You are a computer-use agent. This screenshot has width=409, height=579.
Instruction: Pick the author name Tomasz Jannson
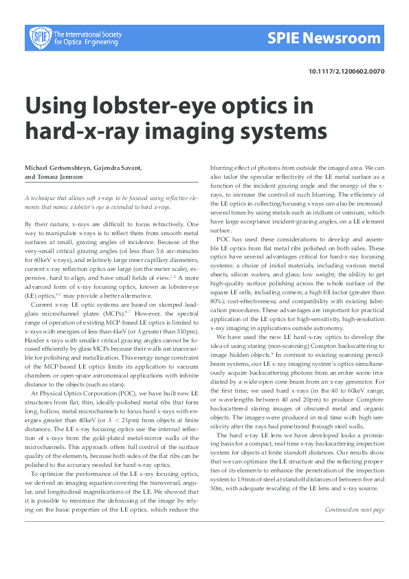[62, 177]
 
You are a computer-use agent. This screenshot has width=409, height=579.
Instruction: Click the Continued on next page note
[355, 510]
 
